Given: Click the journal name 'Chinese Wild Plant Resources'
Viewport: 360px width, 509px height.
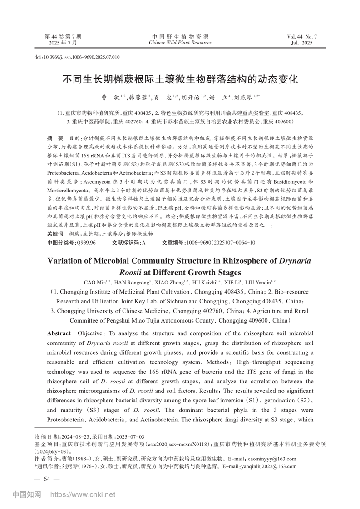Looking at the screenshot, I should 180,43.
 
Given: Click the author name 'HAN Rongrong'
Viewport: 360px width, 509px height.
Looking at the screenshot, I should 131,283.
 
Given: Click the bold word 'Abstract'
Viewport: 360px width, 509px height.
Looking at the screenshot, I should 59,333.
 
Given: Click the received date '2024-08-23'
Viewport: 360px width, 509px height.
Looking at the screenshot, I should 69,436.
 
